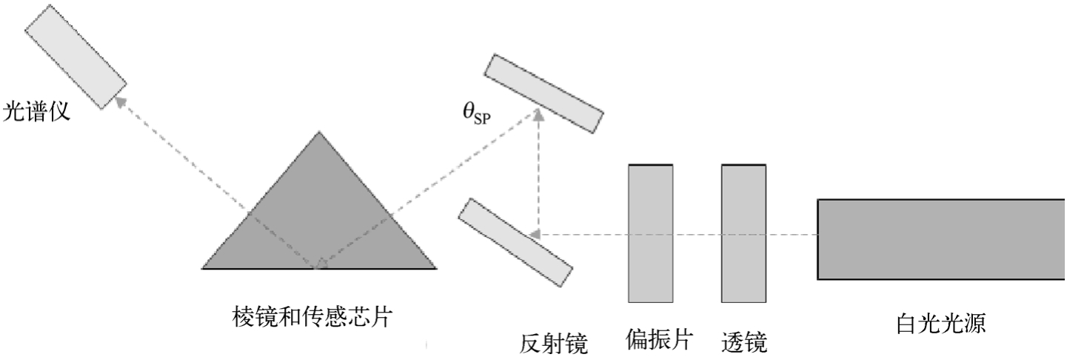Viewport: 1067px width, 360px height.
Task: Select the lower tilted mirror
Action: point(515,241)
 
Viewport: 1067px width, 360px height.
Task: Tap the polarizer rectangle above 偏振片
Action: point(651,233)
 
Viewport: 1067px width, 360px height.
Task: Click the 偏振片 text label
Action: point(658,340)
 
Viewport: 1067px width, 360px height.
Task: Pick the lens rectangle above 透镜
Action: point(744,233)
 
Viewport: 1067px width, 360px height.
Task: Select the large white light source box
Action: point(941,239)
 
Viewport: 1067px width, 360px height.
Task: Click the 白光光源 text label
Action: point(940,324)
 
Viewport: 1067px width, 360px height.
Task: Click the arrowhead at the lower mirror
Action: point(537,234)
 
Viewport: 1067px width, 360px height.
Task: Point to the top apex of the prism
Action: point(319,133)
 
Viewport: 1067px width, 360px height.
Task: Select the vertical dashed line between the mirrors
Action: point(539,174)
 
